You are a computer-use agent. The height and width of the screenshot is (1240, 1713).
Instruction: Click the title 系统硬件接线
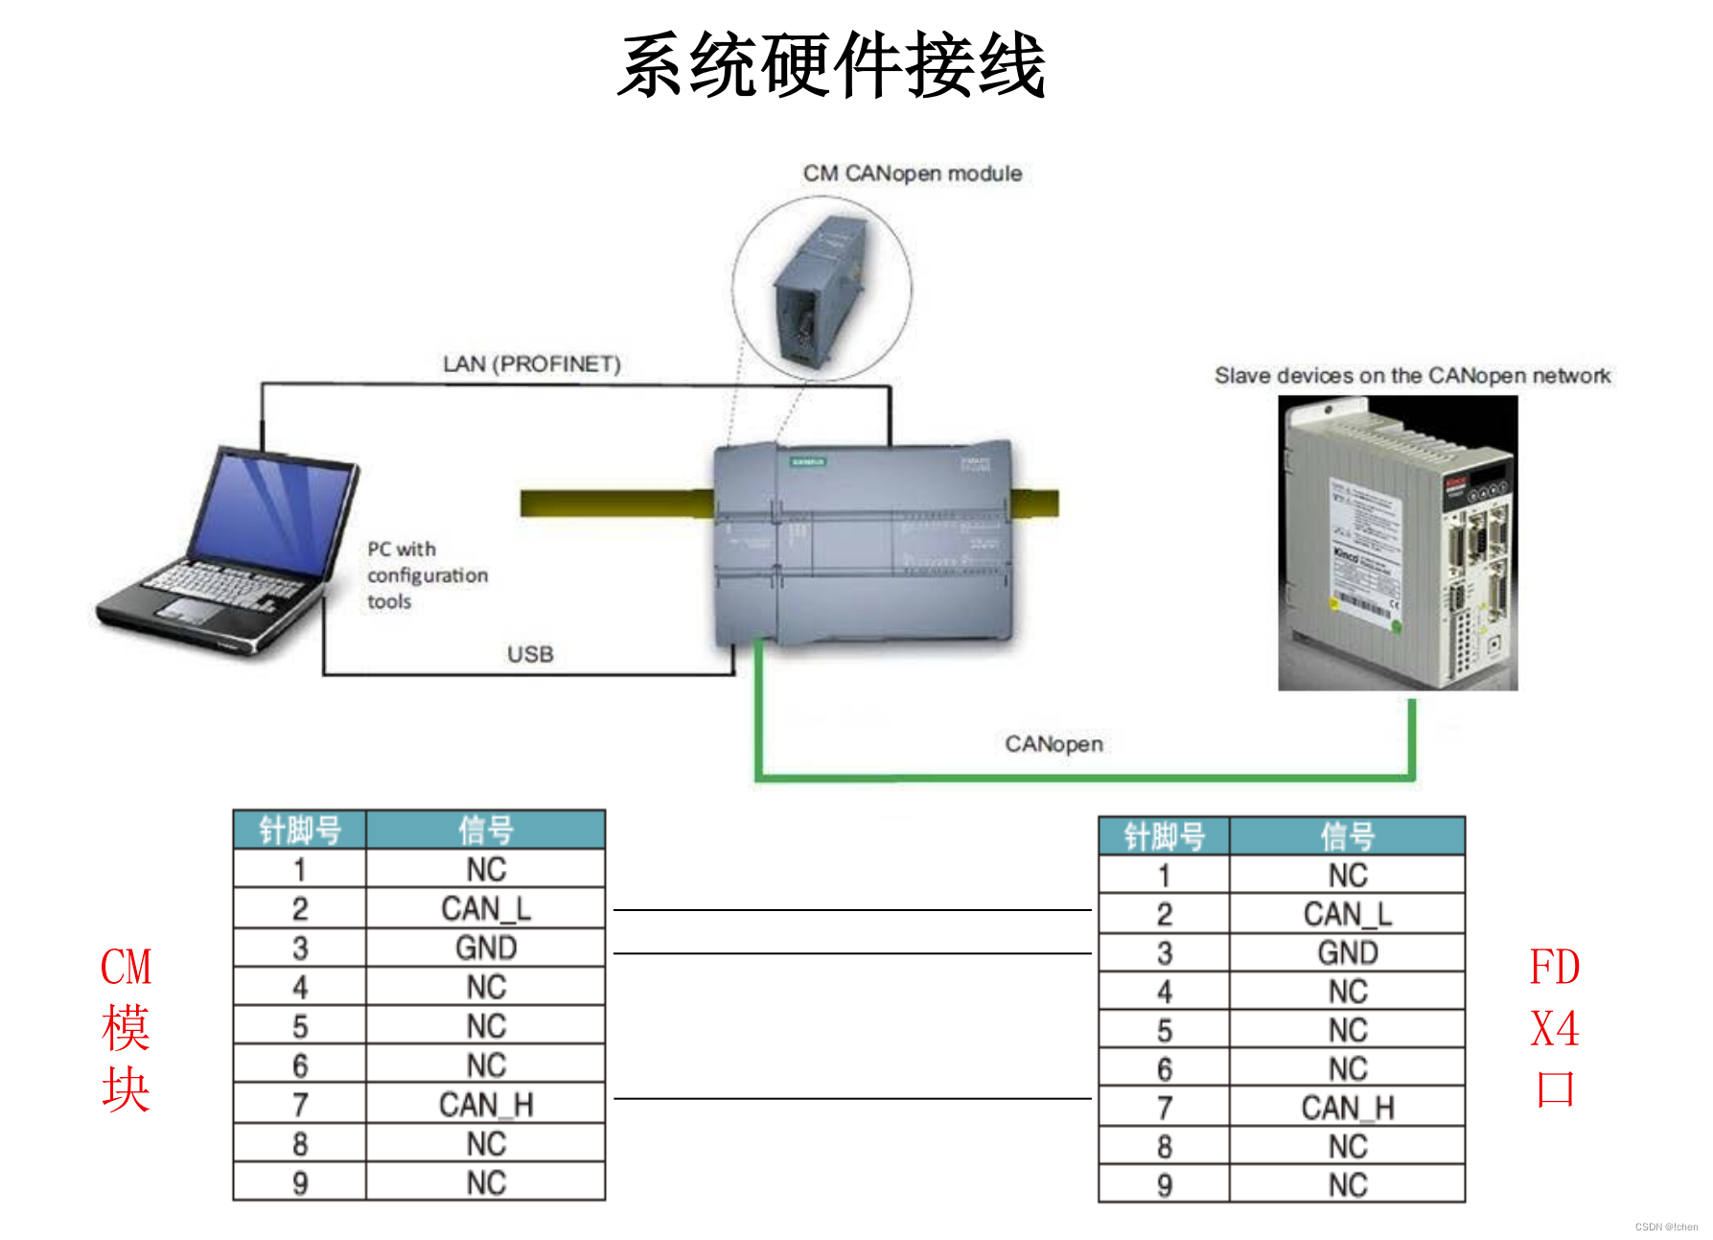pos(831,65)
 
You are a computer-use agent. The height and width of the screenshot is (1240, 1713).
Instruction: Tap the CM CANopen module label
pos(912,174)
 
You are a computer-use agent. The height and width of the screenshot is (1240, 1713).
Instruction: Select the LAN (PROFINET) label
pos(531,364)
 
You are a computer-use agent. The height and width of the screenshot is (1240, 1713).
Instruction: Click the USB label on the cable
pos(530,654)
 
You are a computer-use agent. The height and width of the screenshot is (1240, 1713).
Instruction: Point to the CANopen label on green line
pos(1053,744)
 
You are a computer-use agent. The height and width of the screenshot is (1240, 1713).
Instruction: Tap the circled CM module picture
pos(822,288)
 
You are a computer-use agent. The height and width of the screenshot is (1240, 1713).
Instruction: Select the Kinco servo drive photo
pos(1397,543)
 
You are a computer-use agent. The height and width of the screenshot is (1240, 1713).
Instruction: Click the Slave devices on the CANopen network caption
pos(1412,376)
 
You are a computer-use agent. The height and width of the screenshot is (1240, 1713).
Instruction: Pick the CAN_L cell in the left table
pos(485,909)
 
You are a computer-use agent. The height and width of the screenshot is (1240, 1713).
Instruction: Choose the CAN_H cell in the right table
pos(1347,1109)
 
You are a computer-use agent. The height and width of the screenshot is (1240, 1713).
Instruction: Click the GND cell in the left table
pos(485,948)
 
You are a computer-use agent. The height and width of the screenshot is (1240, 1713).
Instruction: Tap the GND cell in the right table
pos(1347,953)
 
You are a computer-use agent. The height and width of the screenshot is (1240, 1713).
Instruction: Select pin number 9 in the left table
pos(300,1183)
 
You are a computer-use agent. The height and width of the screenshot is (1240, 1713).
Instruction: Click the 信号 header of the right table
pos(1347,836)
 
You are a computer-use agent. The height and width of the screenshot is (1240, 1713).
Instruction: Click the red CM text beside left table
pos(126,967)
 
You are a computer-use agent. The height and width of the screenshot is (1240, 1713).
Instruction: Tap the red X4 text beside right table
pos(1554,1029)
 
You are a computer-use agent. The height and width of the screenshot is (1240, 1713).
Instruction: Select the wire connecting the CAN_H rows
pos(851,1099)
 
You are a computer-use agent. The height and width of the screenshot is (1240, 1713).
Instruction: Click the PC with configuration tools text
pos(427,575)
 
